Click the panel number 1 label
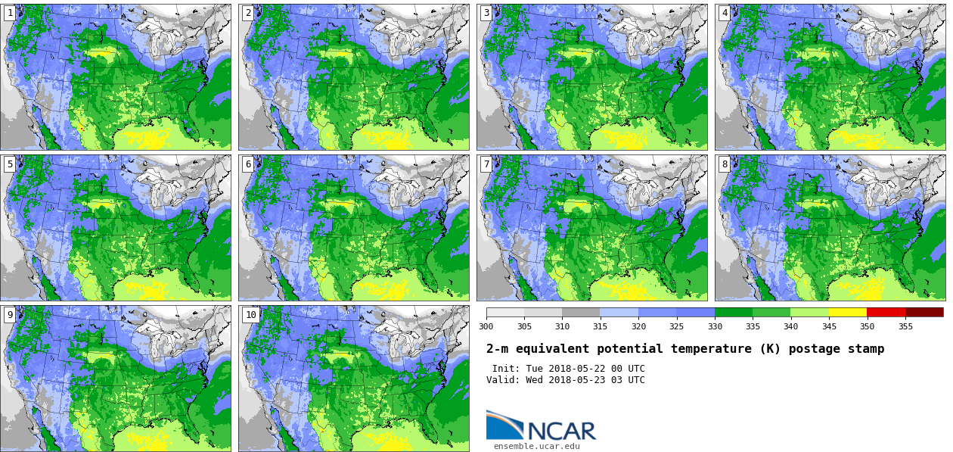click(x=10, y=13)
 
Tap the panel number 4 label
click(x=725, y=13)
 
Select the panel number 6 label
click(x=248, y=164)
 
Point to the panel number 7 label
click(x=486, y=164)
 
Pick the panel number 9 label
click(x=10, y=315)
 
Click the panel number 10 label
click(x=250, y=315)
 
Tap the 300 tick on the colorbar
click(x=486, y=326)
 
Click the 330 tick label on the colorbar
click(x=715, y=326)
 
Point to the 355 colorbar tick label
click(x=905, y=326)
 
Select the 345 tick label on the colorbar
click(x=829, y=326)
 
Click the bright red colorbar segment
click(x=886, y=312)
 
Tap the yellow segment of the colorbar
click(x=848, y=312)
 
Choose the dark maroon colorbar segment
click(x=924, y=312)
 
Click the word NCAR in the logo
click(x=561, y=431)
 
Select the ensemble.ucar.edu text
click(x=537, y=446)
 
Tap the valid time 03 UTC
click(x=629, y=380)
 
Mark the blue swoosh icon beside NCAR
click(x=504, y=425)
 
